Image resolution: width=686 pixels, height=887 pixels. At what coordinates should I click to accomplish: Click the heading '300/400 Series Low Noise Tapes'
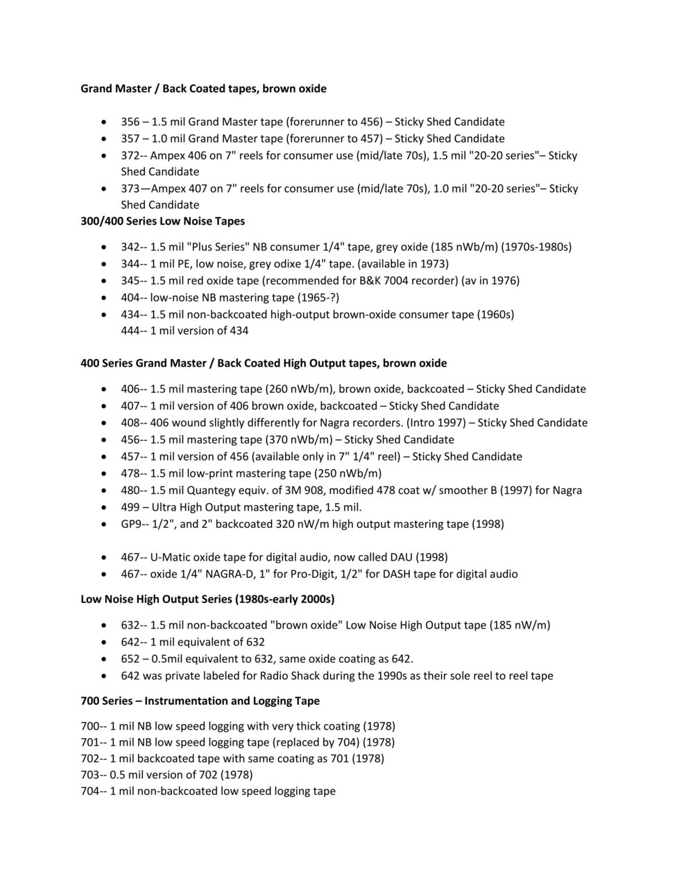click(x=162, y=221)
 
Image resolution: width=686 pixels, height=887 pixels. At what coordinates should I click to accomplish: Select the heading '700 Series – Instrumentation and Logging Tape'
click(x=200, y=701)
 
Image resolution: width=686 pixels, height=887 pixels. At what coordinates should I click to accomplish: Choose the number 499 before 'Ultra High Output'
click(x=130, y=507)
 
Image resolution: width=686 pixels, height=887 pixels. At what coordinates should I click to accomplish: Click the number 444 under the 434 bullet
click(x=130, y=331)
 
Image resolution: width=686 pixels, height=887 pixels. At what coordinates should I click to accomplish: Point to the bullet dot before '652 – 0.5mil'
click(x=104, y=659)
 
